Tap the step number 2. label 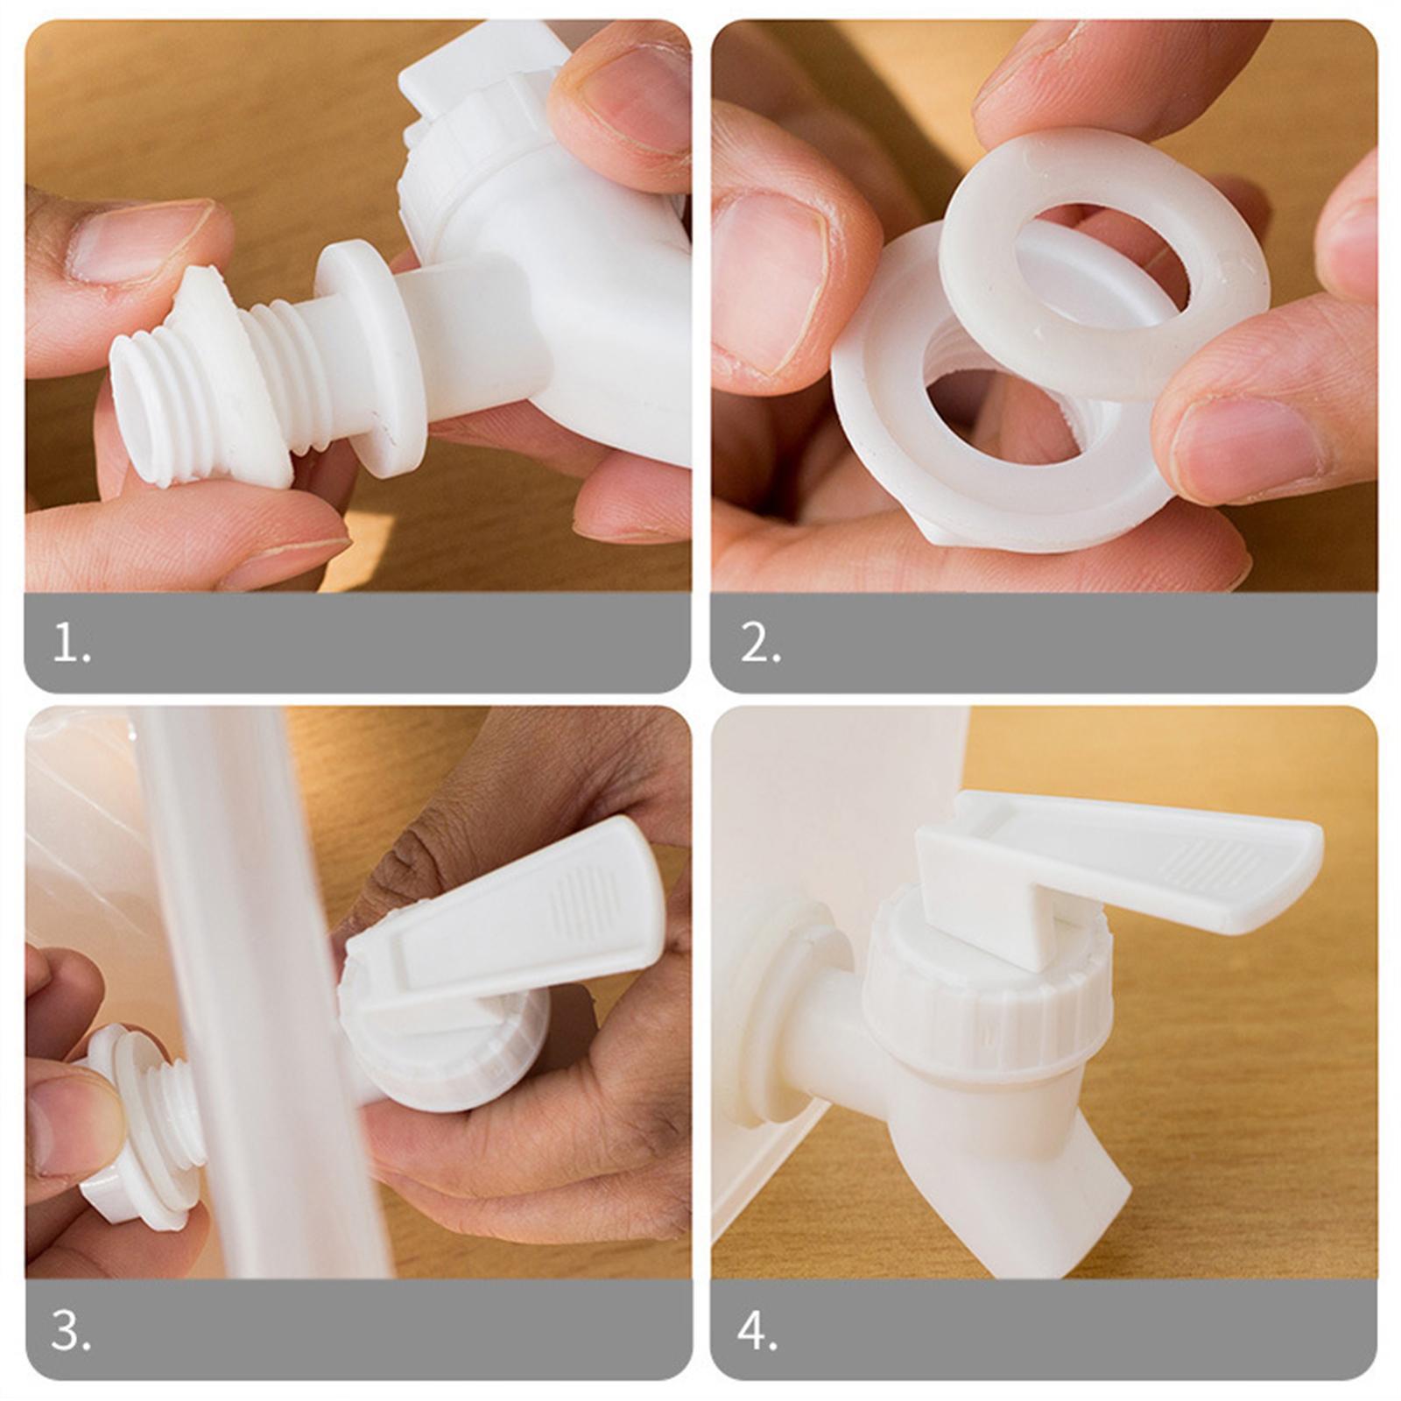click(x=759, y=644)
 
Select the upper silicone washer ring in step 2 click(x=1103, y=263)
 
